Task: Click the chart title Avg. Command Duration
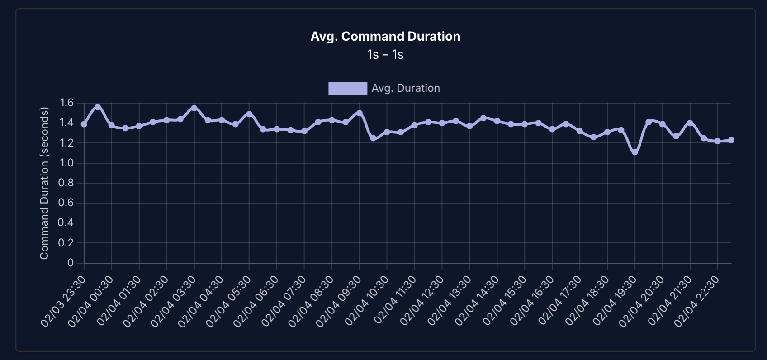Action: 385,37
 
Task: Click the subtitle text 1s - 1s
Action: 385,55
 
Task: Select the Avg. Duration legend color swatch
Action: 347,89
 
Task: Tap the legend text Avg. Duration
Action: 406,89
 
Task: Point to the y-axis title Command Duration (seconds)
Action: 44,183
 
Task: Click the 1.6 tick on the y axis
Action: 66,103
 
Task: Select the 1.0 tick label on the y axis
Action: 66,163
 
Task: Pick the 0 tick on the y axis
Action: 71,263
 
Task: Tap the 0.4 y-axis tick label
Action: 66,223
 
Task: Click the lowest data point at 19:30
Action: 635,152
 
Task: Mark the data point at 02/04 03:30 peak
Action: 194,108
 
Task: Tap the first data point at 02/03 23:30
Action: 84,124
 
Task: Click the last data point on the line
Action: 731,140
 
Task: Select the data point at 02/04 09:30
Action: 360,113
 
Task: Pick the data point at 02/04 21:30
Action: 690,123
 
